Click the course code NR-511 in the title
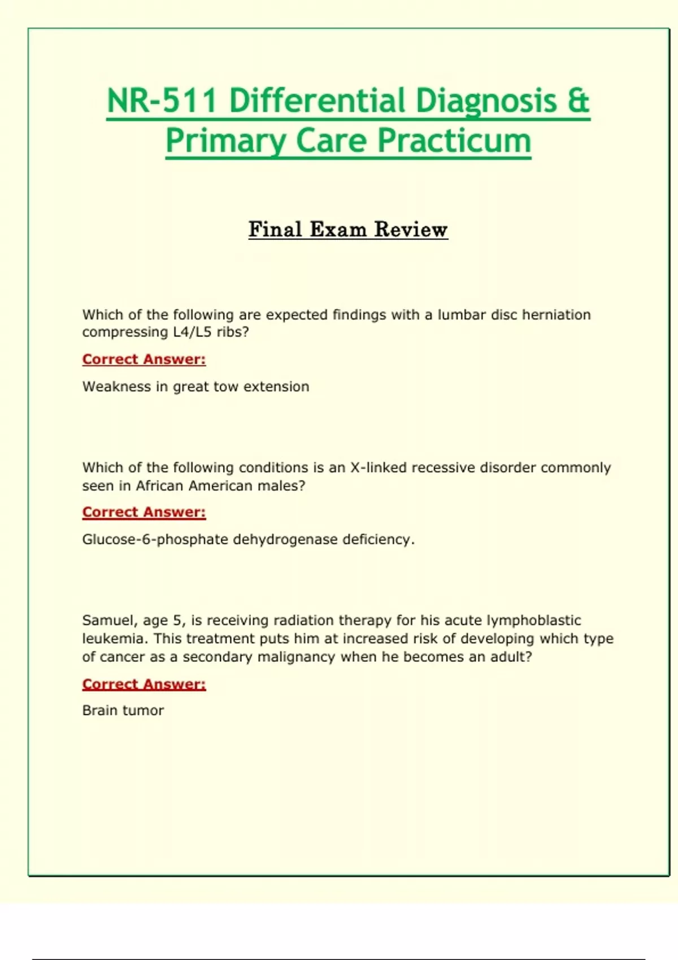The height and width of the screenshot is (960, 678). tap(162, 101)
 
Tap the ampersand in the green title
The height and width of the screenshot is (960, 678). tap(577, 101)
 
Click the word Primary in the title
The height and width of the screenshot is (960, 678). tap(226, 142)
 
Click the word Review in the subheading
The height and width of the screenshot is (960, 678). tap(411, 229)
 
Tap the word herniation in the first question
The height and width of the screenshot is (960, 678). tap(556, 315)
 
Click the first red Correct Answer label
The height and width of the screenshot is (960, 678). tap(144, 359)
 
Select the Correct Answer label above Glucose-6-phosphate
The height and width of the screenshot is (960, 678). tap(144, 512)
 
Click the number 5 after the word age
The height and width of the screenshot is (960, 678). tap(177, 621)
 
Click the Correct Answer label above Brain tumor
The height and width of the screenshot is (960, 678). tap(144, 684)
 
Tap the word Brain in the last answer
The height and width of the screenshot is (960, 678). tap(99, 710)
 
